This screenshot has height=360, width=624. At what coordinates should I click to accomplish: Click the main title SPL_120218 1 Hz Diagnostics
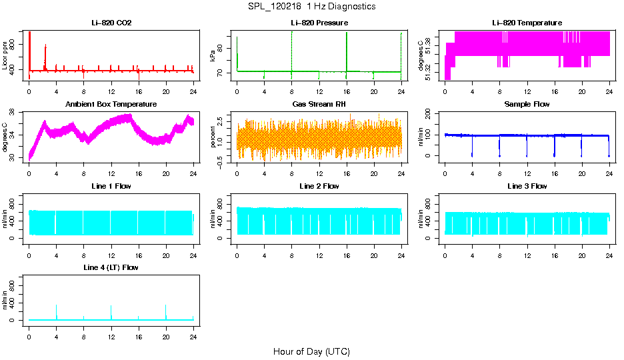pyautogui.click(x=311, y=7)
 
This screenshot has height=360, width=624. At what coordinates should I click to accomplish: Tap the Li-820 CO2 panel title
pyautogui.click(x=111, y=23)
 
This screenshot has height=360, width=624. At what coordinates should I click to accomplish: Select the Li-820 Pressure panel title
pyautogui.click(x=319, y=23)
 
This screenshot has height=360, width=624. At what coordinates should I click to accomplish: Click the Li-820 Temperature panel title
pyautogui.click(x=527, y=23)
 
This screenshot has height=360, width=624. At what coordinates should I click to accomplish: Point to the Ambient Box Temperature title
pyautogui.click(x=111, y=105)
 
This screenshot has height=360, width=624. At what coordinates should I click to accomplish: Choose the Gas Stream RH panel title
pyautogui.click(x=319, y=105)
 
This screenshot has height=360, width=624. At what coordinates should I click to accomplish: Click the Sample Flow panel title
pyautogui.click(x=527, y=105)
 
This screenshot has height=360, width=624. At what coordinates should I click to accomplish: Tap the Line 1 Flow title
pyautogui.click(x=111, y=186)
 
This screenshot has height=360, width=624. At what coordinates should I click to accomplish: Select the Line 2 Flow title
pyautogui.click(x=319, y=186)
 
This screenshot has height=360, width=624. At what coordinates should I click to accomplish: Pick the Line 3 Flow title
pyautogui.click(x=527, y=186)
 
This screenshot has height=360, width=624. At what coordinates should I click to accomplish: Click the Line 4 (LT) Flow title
pyautogui.click(x=111, y=267)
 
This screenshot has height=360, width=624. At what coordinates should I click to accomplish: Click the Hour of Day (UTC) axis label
pyautogui.click(x=311, y=351)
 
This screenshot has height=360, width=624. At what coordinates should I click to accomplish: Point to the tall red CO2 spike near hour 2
pyautogui.click(x=45, y=47)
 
